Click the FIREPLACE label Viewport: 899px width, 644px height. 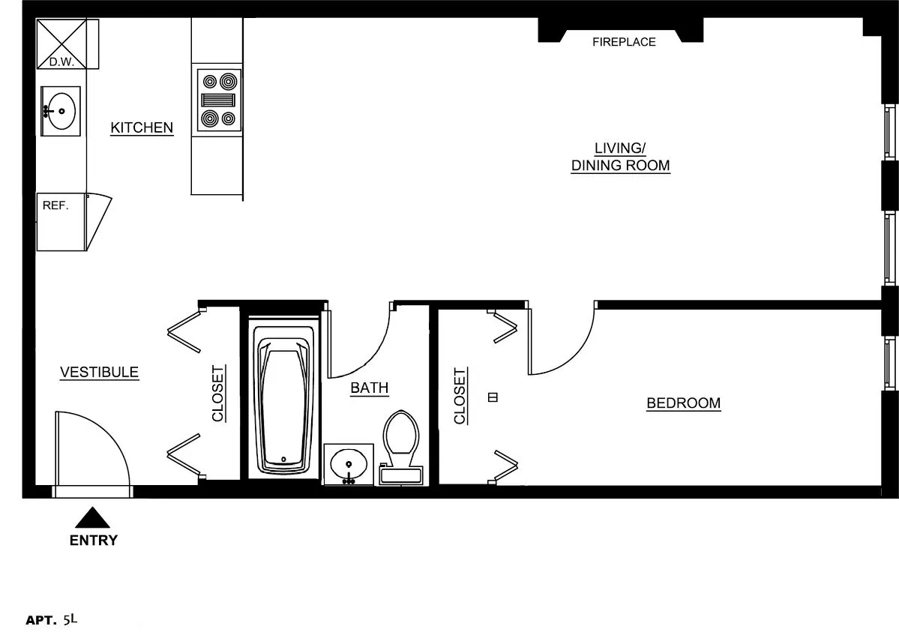(x=624, y=42)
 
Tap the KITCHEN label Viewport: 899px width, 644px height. (x=142, y=127)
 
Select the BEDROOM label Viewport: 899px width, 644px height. (x=683, y=403)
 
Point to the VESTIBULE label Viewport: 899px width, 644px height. (x=100, y=372)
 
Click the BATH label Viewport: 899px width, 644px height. (x=370, y=388)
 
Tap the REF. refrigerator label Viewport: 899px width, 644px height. (x=55, y=205)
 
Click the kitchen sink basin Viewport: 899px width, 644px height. (x=61, y=112)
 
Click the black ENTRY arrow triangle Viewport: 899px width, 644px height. (x=92, y=518)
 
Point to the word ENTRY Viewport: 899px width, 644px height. (x=94, y=541)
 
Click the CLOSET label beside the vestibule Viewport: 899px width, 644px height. (x=218, y=393)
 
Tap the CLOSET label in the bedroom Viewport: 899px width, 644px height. (x=460, y=395)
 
